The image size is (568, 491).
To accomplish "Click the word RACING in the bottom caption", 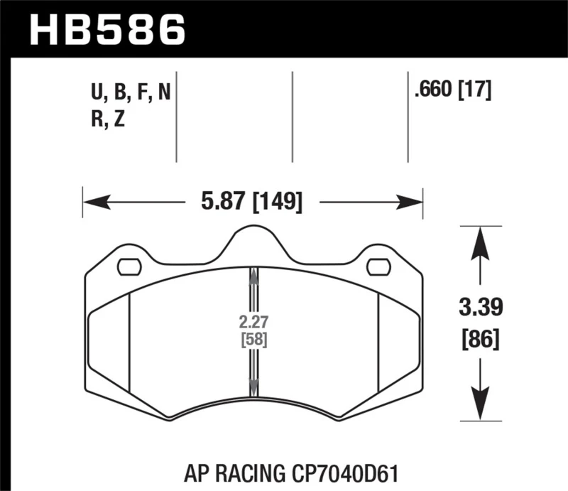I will (263, 470).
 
